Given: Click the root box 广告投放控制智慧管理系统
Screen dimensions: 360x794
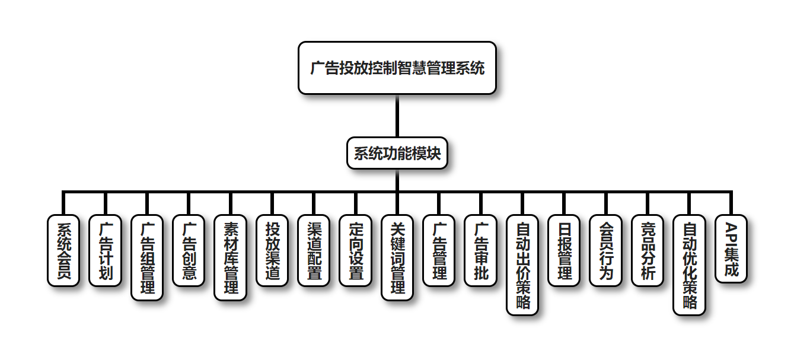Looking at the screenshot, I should coord(397,68).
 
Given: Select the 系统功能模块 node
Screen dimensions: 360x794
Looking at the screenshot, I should coord(397,154).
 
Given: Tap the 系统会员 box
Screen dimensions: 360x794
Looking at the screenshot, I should coord(63,250).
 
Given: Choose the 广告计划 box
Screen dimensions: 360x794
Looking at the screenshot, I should coord(105,250).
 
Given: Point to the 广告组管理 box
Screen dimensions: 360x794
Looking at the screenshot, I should coord(146,257).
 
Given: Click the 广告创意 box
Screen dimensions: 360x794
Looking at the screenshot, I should coord(189,250).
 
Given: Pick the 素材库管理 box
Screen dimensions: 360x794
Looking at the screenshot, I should coord(230,257).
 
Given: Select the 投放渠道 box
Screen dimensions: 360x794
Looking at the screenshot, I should coord(272,250).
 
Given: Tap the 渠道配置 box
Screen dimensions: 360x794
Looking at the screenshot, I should coord(314,250).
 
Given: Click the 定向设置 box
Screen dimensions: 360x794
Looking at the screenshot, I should coord(355,250).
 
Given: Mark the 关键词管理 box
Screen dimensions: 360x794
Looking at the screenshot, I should coord(397,257).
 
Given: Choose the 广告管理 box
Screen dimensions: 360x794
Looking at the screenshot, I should coord(439,250).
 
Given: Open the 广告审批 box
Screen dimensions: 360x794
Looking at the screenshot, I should coord(480,250).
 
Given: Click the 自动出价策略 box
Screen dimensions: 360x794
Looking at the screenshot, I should coord(522,265).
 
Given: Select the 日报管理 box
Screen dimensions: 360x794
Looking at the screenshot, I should coord(564,250).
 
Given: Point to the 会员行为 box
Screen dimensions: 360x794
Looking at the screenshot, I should coord(605,250).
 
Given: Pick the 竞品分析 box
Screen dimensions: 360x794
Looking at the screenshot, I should coord(648,250).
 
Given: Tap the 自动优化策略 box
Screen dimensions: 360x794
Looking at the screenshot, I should coord(689,265).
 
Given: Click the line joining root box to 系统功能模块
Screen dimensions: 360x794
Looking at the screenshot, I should coord(397,116).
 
